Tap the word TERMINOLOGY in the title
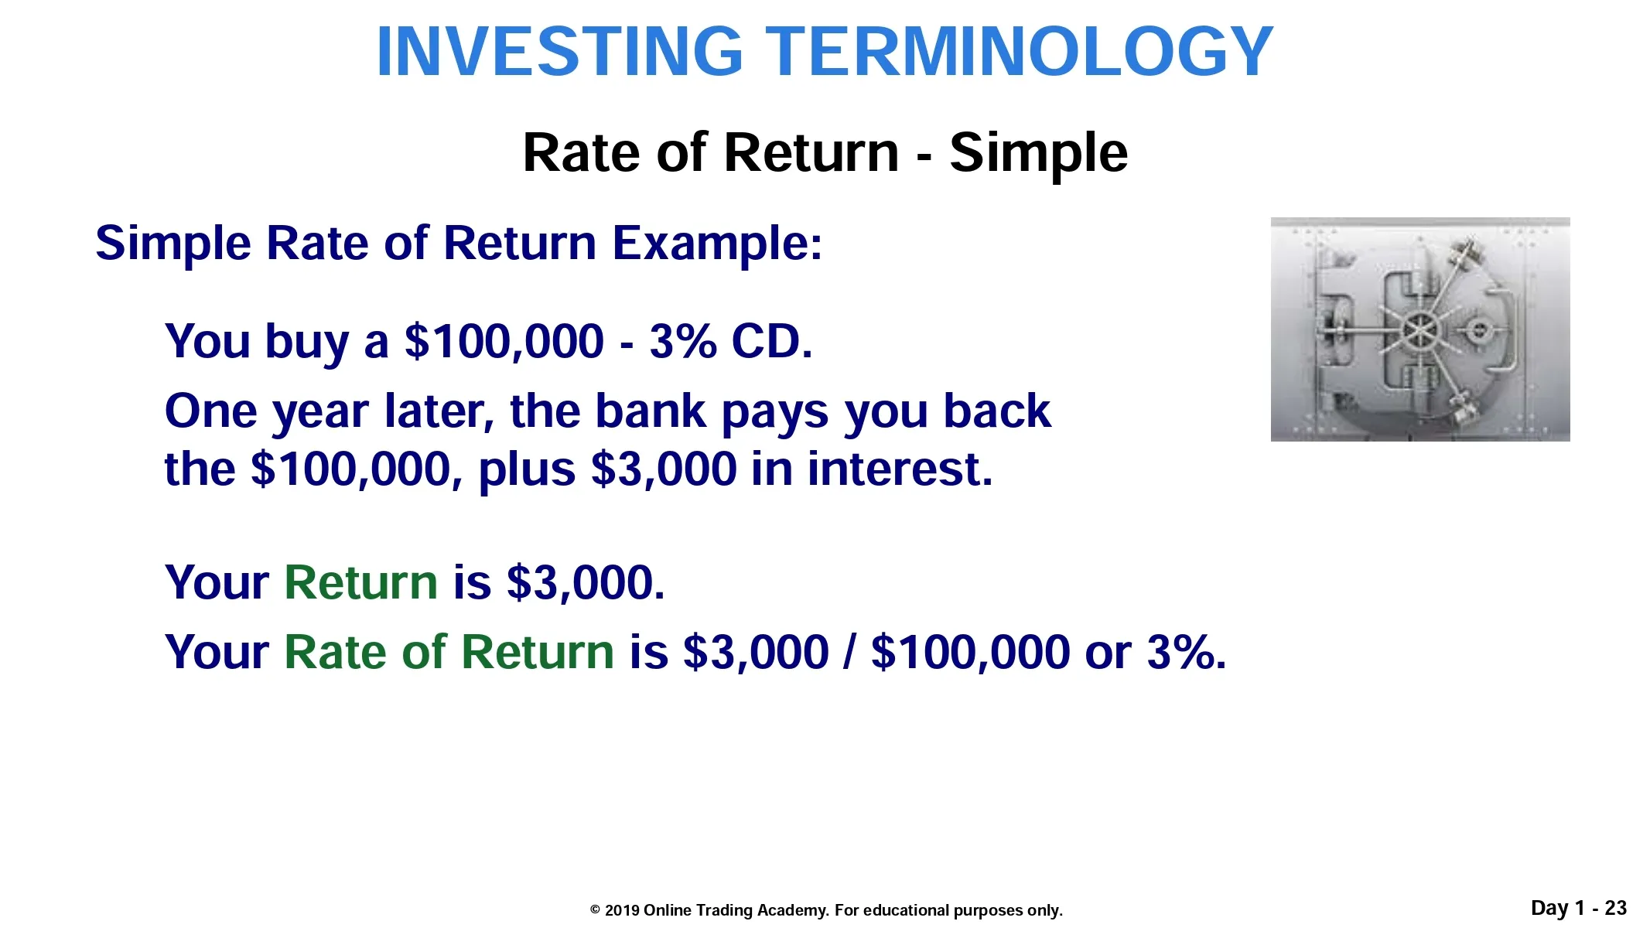coord(1019,52)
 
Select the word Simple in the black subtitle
coord(1038,154)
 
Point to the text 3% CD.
coord(731,341)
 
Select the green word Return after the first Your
coord(360,582)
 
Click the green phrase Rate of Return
coord(449,652)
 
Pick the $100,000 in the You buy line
coord(504,341)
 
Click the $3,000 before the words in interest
coord(664,469)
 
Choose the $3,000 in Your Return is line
coord(585,582)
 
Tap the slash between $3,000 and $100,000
coord(850,652)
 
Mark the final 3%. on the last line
coord(1187,652)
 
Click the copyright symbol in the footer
coord(595,910)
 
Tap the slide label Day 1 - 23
coord(1579,908)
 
